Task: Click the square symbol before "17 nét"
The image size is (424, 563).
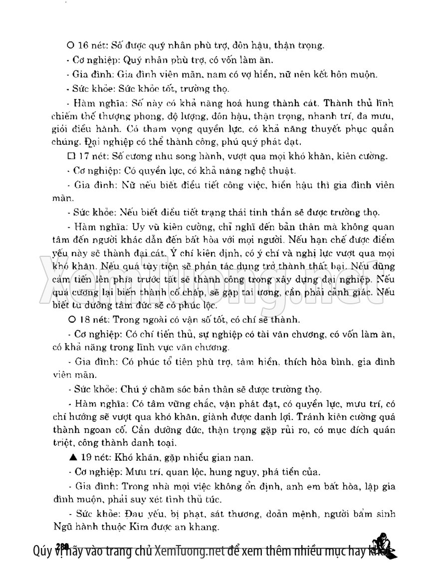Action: coord(70,156)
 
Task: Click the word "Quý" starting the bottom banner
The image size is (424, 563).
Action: coord(42,552)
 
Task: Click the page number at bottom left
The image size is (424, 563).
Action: coord(62,545)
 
